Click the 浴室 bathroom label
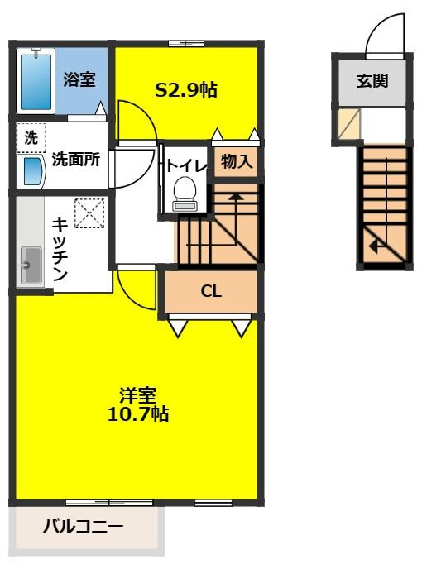pos(79,80)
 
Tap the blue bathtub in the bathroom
pos(36,79)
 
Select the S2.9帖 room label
pos(186,89)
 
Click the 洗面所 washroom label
pos(76,160)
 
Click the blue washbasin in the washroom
pos(32,171)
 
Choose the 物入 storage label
pos(235,162)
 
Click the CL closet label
pos(210,291)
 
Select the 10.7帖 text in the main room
pos(138,413)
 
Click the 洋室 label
pos(138,395)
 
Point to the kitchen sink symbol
pos(31,265)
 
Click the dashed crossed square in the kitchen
pos(87,214)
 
